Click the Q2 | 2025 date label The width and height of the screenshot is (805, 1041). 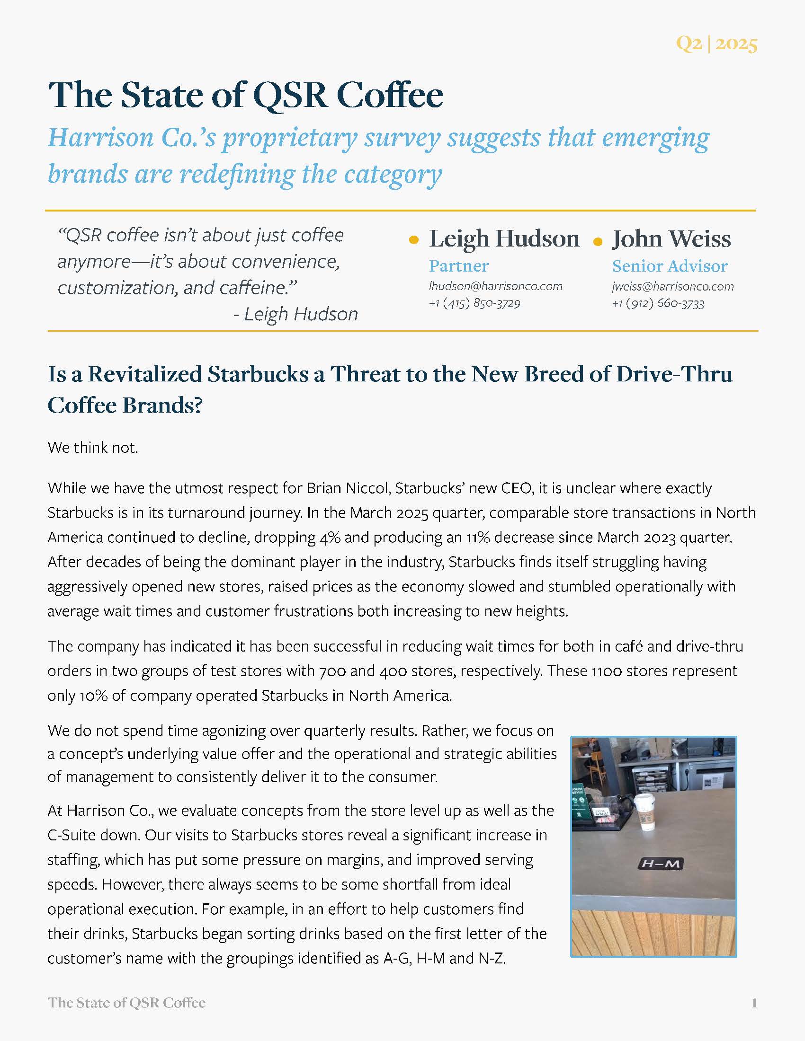(x=716, y=44)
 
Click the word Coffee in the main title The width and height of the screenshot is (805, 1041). (x=390, y=95)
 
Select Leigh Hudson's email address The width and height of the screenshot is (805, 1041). (x=495, y=286)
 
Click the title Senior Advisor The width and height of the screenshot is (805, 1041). (x=670, y=266)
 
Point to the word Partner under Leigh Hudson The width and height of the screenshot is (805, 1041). (x=458, y=266)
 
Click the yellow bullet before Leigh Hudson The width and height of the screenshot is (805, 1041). (x=414, y=241)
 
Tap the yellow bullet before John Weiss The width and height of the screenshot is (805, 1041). (x=598, y=242)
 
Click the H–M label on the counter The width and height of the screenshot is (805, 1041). (x=661, y=863)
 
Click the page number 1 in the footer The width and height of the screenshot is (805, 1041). (x=754, y=1003)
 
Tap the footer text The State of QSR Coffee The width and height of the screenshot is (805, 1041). (x=126, y=1003)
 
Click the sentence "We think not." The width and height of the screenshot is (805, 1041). (x=92, y=448)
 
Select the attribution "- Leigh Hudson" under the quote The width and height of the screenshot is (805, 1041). (x=295, y=314)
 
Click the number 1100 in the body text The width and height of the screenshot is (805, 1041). (x=606, y=671)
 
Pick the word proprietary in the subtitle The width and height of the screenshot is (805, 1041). (x=289, y=138)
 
